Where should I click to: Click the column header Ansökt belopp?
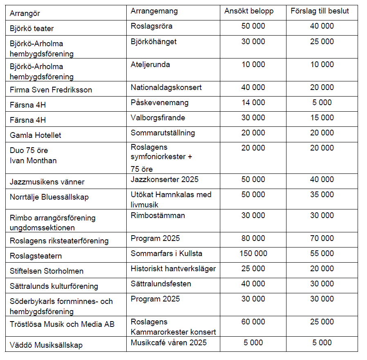point(248,11)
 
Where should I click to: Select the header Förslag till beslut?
point(320,11)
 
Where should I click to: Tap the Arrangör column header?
point(25,13)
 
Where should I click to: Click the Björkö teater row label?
point(32,29)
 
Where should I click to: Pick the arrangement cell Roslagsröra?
point(152,27)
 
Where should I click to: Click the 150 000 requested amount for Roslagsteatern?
point(253,254)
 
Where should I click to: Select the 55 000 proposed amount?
point(322,254)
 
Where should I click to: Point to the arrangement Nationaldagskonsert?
point(166,88)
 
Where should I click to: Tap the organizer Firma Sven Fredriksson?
point(51,90)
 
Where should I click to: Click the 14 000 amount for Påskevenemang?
point(253,103)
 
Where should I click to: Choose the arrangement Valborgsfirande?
point(158,118)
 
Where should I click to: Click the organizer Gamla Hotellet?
point(36,135)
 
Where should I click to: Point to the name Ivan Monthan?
point(33,161)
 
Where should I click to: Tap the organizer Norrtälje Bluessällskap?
point(49,197)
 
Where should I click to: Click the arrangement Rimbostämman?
point(158,216)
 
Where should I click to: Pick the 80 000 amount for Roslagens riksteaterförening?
point(253,239)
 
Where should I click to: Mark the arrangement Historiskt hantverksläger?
point(173,269)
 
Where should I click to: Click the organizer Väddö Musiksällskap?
point(46,345)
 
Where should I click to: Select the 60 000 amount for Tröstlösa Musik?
point(253,322)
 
